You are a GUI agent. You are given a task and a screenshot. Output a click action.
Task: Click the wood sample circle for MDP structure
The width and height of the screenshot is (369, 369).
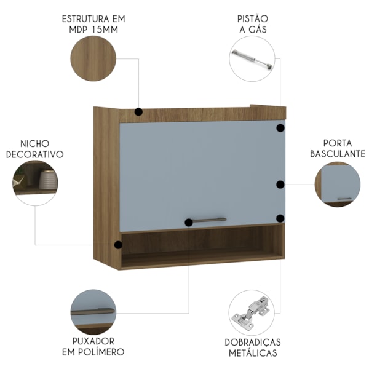coord(93,58)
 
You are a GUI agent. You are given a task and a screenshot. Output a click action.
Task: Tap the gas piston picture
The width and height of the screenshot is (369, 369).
coord(252,59)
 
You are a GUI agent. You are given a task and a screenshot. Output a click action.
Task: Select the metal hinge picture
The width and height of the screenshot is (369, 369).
coord(252,313)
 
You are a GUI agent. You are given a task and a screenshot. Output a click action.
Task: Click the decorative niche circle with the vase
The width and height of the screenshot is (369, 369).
coord(35,183)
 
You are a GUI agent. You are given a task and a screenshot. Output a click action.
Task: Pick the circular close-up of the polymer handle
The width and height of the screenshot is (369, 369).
coord(93,312)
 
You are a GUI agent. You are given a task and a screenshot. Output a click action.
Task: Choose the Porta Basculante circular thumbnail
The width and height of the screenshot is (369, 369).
coord(338,184)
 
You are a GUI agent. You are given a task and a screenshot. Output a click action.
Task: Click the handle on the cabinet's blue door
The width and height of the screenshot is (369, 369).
coord(208,221)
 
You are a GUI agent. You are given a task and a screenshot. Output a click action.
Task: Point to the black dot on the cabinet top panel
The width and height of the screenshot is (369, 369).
coord(138,112)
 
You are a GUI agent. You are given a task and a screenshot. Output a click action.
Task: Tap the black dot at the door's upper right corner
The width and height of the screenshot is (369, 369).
coord(280,128)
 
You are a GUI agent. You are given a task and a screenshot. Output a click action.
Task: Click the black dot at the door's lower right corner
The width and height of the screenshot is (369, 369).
coord(280,218)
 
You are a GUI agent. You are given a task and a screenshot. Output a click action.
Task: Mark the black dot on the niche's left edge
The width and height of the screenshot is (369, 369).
coord(118,245)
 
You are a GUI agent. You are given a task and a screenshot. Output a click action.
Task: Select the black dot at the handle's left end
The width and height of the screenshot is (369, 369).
coord(189,223)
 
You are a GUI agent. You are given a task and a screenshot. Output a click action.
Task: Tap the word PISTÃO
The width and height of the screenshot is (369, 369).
coord(253,19)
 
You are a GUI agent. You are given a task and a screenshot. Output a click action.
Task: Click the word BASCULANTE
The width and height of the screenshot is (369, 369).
coord(338,154)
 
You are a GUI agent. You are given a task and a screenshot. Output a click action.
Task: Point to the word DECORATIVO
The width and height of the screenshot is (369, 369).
coord(35,154)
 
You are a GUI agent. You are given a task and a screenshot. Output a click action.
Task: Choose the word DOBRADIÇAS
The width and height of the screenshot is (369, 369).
coord(253,343)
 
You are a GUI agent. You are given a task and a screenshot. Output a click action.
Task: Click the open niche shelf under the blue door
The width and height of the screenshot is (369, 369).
coord(202,247)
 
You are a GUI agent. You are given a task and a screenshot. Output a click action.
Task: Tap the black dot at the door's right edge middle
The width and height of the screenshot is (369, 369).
coord(280,184)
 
